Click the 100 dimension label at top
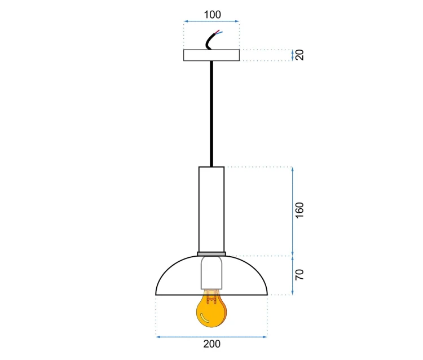212,15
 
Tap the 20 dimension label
299,55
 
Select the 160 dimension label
299,210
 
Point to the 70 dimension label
299,275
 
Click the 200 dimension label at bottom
211,344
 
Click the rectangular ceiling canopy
211,55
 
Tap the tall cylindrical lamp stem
211,209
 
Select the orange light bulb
211,309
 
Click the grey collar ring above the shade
211,254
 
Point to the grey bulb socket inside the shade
211,273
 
